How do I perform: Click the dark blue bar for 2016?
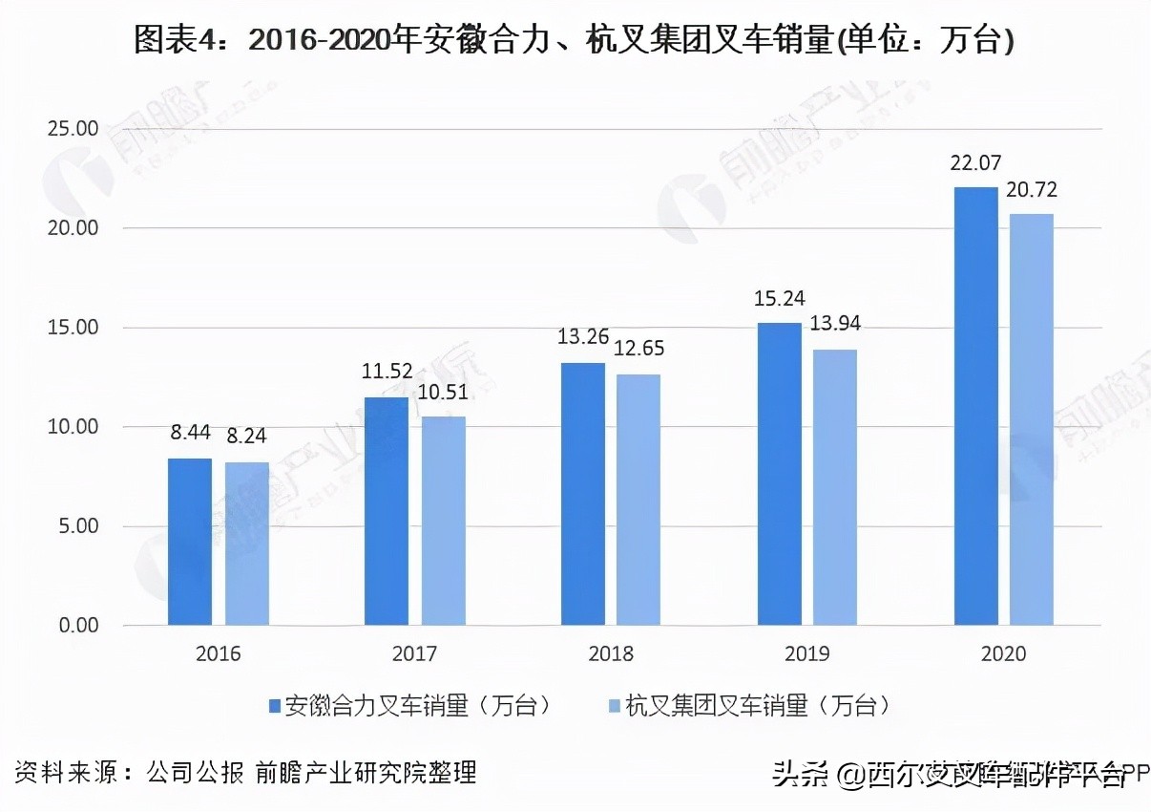(190, 542)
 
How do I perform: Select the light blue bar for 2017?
(443, 521)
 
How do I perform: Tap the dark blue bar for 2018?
(582, 494)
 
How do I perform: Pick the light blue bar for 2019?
(836, 487)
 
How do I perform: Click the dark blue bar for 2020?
(975, 406)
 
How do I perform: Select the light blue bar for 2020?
(1032, 419)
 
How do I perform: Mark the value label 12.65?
(638, 349)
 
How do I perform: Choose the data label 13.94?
(834, 324)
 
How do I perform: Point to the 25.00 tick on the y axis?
(73, 129)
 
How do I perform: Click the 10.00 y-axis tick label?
(73, 427)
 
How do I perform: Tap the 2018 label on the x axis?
(610, 654)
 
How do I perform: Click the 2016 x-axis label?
(219, 654)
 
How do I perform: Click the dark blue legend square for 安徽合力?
(276, 706)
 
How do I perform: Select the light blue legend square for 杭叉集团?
(615, 706)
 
